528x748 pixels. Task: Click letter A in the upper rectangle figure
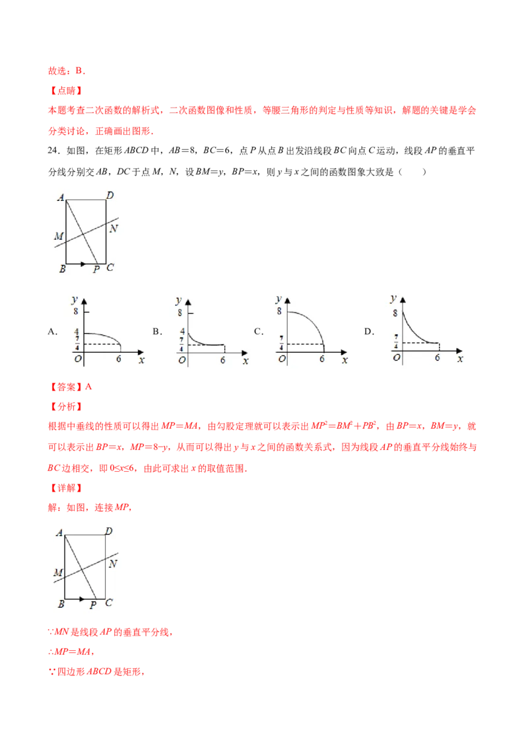tap(60, 196)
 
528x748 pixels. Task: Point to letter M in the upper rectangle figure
tap(59, 236)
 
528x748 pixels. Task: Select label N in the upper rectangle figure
tap(113, 229)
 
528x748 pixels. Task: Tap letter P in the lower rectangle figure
tap(96, 270)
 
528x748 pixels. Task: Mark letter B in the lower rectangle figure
tap(61, 603)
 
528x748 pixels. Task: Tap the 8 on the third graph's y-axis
tap(280, 311)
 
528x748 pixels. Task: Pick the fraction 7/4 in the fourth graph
tap(395, 344)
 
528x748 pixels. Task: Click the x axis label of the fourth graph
tap(460, 359)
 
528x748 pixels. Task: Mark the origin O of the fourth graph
tap(396, 357)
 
